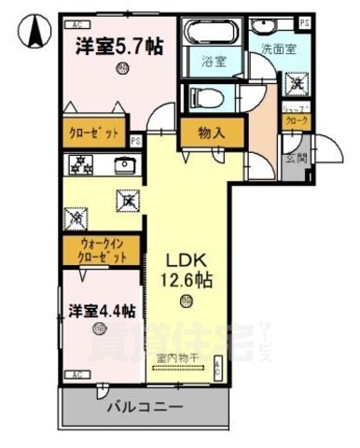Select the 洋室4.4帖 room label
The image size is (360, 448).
(x=103, y=309)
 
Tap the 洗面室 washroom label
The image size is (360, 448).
(x=276, y=49)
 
